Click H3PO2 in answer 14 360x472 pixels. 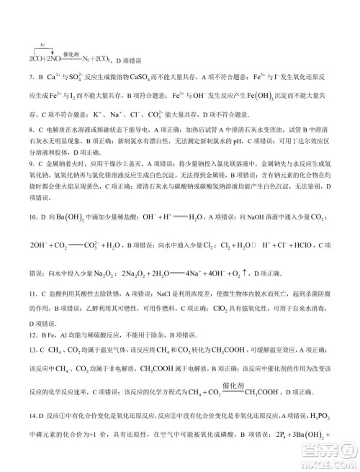pos(321,415)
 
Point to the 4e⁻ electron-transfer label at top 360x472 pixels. pos(43,45)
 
